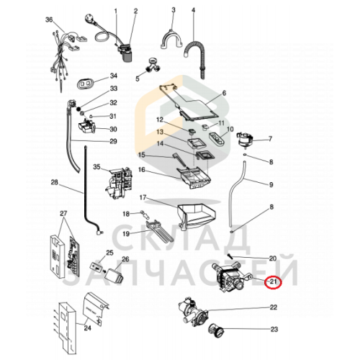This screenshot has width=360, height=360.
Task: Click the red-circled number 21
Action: click(273, 282)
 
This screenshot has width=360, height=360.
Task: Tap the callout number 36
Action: click(49, 19)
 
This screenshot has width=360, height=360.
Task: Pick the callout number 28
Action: click(55, 182)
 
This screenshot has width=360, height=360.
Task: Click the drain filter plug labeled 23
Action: click(215, 332)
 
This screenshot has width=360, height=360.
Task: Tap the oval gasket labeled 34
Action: click(85, 84)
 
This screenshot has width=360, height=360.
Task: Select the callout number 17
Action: click(143, 197)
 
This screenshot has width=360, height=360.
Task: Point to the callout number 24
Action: click(88, 328)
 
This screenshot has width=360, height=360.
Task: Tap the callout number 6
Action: click(224, 93)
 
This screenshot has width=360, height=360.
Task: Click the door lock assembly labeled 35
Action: click(119, 181)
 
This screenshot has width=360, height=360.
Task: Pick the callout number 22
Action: click(274, 307)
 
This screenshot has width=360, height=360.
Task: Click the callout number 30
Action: click(113, 129)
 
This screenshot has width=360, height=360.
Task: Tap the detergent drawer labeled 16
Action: click(194, 178)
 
